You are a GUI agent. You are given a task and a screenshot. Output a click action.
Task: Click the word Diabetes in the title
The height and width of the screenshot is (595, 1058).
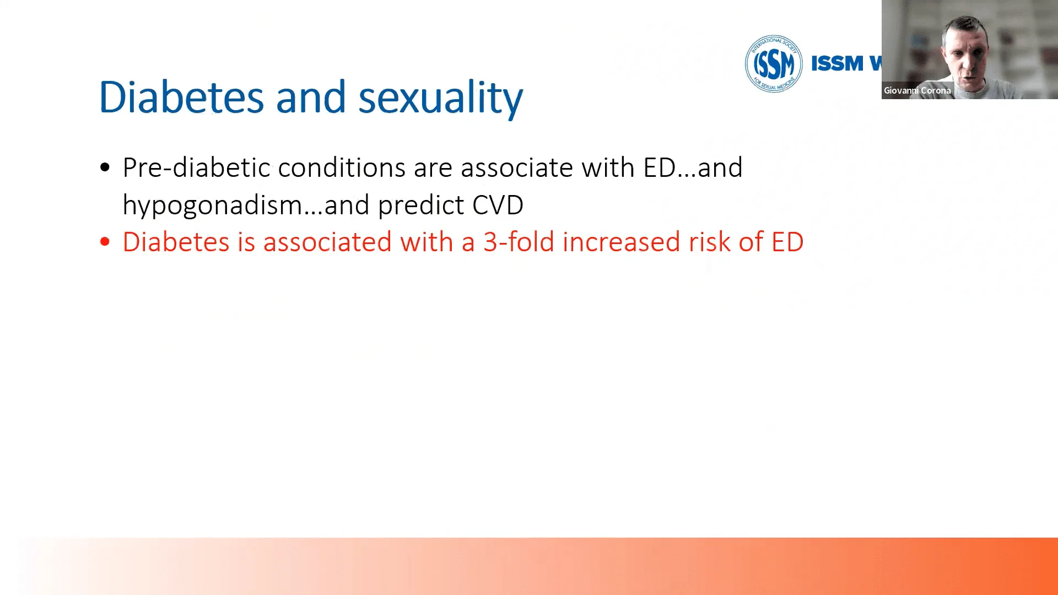(181, 97)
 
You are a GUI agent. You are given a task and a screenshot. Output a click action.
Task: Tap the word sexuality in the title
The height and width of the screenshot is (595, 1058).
(440, 99)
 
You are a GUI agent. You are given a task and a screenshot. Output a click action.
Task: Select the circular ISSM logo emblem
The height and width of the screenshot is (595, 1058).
(774, 63)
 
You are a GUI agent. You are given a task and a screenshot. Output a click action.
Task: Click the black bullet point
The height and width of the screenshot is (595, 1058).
(105, 167)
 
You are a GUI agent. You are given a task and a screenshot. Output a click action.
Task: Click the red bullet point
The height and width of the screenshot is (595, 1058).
(105, 241)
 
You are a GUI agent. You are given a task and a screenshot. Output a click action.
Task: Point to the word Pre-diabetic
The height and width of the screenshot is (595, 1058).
(196, 167)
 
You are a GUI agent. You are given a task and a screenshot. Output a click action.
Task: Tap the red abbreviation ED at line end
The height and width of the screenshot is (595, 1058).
(787, 242)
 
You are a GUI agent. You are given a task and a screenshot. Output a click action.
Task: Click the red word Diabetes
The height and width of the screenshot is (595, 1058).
(176, 242)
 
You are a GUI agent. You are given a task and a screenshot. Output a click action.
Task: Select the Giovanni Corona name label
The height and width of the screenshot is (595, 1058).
(917, 90)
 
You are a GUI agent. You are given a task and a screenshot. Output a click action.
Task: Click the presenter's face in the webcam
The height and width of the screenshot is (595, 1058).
(964, 52)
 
